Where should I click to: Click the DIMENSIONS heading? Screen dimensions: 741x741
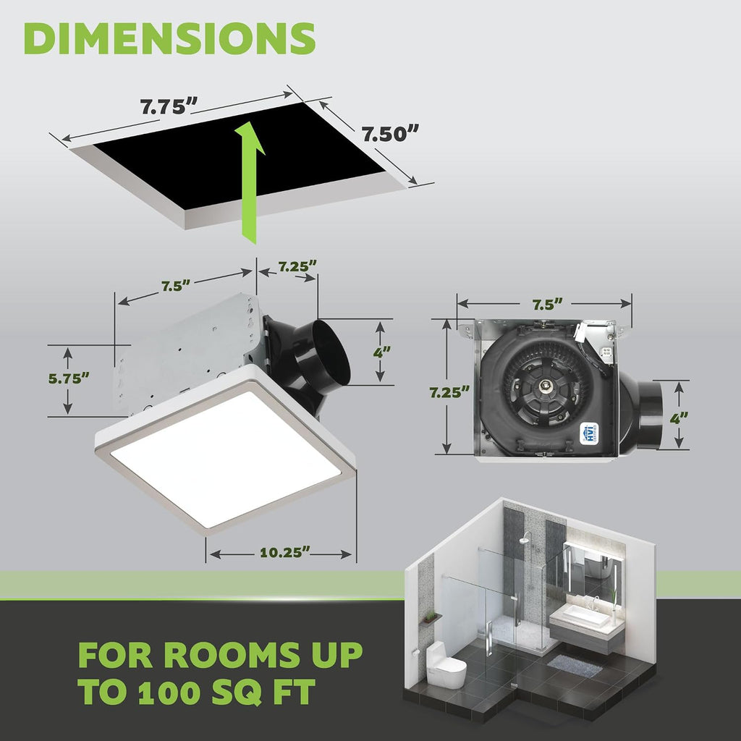tap(169, 38)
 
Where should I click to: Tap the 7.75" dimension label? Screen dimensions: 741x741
tap(169, 106)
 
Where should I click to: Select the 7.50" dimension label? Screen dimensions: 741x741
tap(390, 134)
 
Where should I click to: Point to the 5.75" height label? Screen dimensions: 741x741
tap(69, 378)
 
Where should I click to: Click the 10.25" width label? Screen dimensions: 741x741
tap(285, 552)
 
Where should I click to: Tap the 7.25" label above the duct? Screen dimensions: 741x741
tap(297, 266)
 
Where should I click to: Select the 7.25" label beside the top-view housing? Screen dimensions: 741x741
tap(449, 392)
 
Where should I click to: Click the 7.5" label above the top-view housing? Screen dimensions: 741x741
tap(548, 305)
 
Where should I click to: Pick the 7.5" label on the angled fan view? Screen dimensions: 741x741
tap(176, 286)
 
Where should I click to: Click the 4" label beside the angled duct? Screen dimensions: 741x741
tap(382, 352)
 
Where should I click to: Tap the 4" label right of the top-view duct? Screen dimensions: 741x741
tap(679, 418)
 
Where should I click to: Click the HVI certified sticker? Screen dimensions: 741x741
tap(589, 433)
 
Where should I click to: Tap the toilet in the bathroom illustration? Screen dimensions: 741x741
tap(445, 661)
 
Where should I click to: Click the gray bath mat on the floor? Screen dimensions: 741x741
tap(575, 666)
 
